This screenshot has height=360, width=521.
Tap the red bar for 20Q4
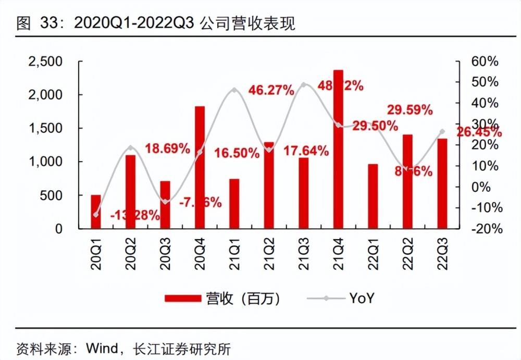tap(200, 167)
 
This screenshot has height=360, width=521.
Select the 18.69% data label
tap(167, 148)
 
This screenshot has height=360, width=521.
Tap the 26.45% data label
tap(479, 132)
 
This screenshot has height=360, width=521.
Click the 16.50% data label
tap(237, 153)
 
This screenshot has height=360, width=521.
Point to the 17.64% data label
tap(306, 152)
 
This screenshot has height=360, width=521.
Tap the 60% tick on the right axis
tap(484, 61)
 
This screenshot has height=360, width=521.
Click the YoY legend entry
tap(362, 298)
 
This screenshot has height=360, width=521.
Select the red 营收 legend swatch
tap(182, 298)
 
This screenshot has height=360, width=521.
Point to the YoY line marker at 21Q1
tap(234, 90)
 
